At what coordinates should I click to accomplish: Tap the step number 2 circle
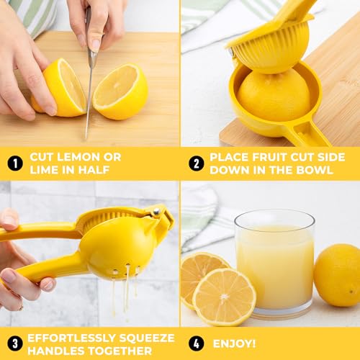[196, 163]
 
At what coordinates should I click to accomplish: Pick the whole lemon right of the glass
[338, 274]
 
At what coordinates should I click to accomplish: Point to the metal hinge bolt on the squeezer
[155, 212]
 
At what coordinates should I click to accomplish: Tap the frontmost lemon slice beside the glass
[224, 296]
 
